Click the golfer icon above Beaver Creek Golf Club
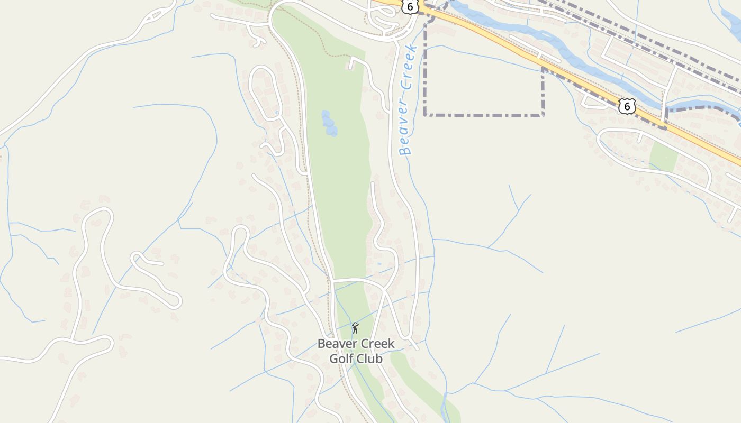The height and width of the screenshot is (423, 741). click(x=355, y=328)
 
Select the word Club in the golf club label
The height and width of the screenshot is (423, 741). click(x=370, y=358)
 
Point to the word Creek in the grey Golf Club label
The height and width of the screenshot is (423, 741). click(x=376, y=344)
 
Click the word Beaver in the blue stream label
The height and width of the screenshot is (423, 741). click(x=406, y=129)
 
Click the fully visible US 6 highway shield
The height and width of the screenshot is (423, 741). click(x=627, y=106)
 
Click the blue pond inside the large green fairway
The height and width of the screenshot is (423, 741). click(x=329, y=123)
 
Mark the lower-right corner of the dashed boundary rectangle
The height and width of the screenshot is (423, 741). click(x=543, y=115)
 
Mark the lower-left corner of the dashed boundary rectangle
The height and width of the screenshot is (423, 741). click(x=426, y=115)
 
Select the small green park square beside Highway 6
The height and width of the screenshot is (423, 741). click(x=663, y=157)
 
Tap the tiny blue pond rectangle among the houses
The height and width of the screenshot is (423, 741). click(x=379, y=263)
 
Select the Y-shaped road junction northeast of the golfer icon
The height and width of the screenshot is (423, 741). click(x=385, y=290)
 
